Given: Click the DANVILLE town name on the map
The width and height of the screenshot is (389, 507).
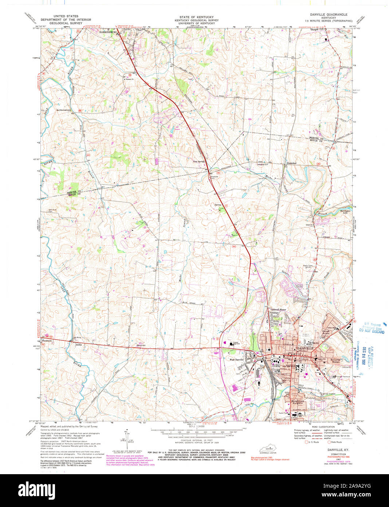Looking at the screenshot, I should coord(305,349).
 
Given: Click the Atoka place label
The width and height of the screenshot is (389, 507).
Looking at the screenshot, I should coord(78,344).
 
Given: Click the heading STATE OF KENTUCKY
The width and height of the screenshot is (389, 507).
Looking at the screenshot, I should coord(193,17).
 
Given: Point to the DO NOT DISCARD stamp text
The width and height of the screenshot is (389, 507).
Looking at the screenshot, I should coord(372,332).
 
